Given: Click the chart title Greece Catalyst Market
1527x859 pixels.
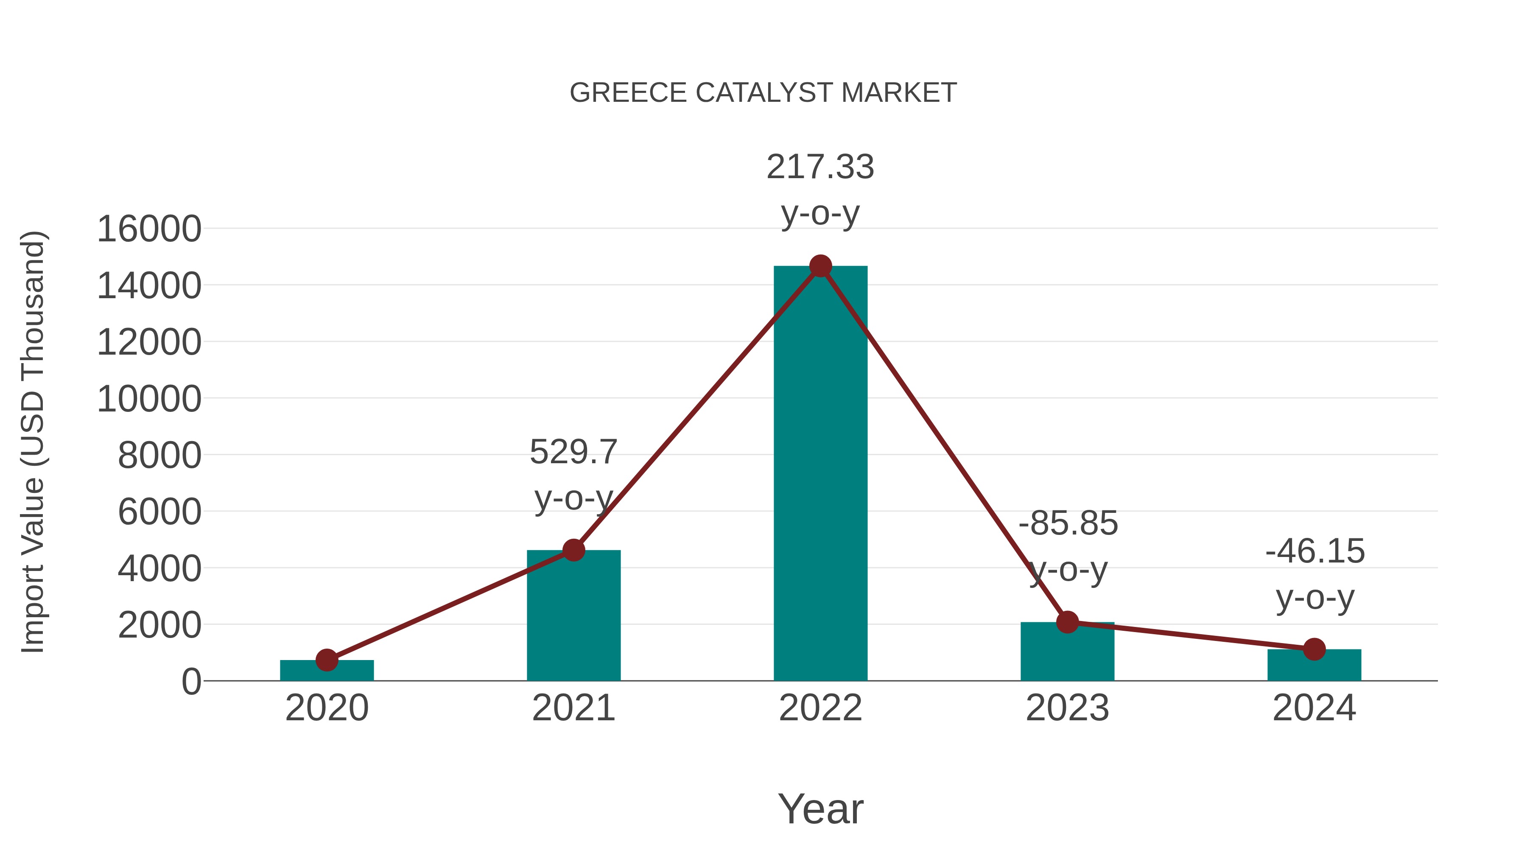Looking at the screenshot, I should pos(763,93).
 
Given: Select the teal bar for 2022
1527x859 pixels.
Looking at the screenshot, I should pos(820,474).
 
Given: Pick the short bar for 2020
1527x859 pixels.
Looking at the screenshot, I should pos(327,671).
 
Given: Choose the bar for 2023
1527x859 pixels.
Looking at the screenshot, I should pos(1067,652).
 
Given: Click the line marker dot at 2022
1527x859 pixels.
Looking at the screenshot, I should pos(820,266).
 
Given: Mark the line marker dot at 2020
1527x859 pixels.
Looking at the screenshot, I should pos(327,660).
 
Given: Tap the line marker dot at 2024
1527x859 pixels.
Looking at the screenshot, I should pos(1314,649).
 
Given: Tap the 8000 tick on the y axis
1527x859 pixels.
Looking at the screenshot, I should pos(159,456).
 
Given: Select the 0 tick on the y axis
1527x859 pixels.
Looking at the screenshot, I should pos(191,682).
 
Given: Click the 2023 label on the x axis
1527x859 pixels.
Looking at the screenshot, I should pos(1067,708).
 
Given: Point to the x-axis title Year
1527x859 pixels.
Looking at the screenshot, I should pos(820,809).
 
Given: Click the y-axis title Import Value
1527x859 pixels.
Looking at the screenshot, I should pos(33,442).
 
